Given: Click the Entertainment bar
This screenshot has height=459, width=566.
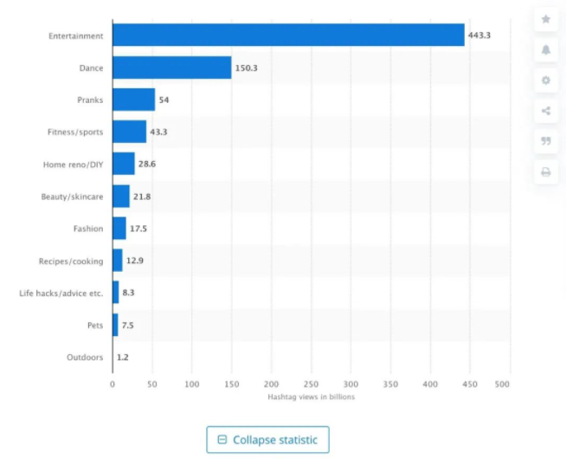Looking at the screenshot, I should [288, 36].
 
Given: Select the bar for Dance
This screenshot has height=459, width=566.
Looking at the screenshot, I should [171, 68].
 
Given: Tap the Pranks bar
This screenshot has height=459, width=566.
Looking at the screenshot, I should [133, 100].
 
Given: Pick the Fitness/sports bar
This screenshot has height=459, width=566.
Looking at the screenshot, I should [129, 132].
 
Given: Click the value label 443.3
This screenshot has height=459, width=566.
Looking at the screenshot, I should [480, 36].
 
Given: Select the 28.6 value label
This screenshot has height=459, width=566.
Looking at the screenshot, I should [147, 164].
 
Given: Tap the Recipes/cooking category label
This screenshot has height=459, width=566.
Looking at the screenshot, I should [71, 261].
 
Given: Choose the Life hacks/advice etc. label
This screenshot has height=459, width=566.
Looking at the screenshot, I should [61, 293].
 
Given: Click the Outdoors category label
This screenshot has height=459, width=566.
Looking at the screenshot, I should [85, 357].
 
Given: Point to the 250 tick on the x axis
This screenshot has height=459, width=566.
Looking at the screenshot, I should [311, 383].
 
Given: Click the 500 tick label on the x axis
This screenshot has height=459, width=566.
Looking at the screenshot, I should [509, 383].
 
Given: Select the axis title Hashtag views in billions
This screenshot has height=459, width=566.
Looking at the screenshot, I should [311, 397].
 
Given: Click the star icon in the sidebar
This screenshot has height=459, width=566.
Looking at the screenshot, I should [546, 19].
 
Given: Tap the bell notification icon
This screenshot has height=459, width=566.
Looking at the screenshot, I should [546, 49].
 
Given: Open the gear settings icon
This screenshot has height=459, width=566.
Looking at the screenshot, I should [546, 80].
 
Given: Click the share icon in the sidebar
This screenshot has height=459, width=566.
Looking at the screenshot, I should [546, 110].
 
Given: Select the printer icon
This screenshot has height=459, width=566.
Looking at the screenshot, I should [546, 171].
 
